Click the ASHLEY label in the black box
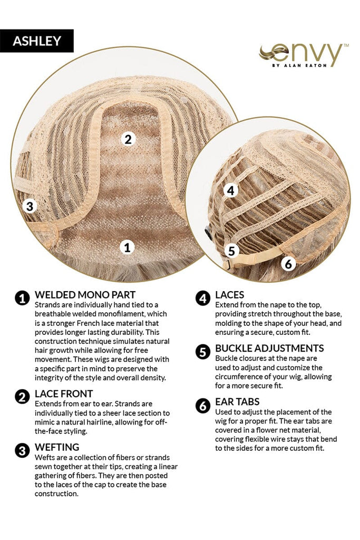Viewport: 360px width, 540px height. tap(37, 41)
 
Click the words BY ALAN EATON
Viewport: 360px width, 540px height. tap(299, 65)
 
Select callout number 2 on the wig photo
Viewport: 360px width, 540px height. tap(128, 139)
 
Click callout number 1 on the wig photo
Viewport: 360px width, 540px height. tap(128, 247)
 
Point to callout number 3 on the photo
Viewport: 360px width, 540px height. tap(30, 206)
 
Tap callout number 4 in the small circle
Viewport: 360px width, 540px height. tap(230, 190)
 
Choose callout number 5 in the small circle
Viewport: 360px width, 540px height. tap(231, 250)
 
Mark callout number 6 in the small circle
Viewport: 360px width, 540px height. tap(288, 264)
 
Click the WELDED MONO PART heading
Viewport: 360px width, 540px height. tap(85, 295)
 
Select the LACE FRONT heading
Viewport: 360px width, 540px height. tap(64, 393)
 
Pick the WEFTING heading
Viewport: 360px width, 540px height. tap(57, 447)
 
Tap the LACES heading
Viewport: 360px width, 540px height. tap(230, 295)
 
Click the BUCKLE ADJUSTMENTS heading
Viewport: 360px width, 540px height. tap(269, 348)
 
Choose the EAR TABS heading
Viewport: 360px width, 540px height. tap(238, 402)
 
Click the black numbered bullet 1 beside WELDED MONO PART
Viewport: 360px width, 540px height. tap(22, 298)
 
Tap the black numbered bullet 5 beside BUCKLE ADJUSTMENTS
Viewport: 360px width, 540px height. tap(203, 352)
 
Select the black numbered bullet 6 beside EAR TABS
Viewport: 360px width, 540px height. tap(203, 406)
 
